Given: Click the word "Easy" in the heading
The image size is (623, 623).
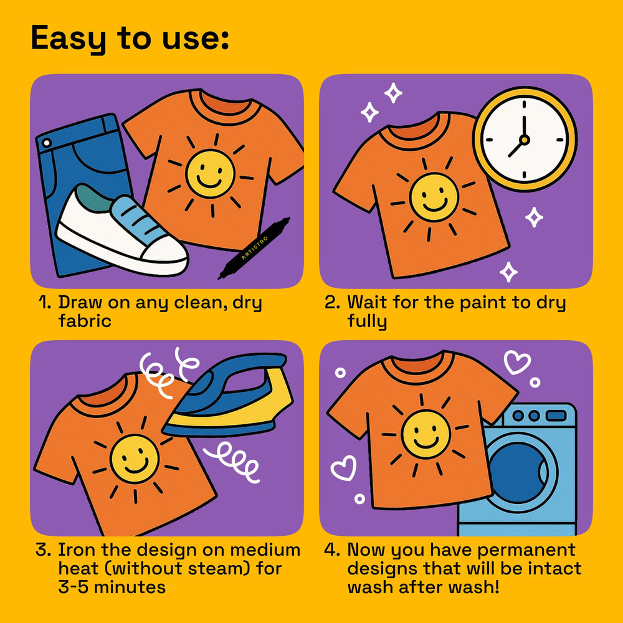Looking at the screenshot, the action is pyautogui.click(x=69, y=39).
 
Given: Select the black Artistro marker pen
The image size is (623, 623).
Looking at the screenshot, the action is pyautogui.click(x=255, y=248).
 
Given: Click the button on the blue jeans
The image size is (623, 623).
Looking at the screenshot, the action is pyautogui.click(x=47, y=143).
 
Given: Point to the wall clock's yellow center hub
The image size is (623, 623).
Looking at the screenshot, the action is pyautogui.click(x=525, y=140).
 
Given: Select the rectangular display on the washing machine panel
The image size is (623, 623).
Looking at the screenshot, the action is pyautogui.click(x=556, y=416).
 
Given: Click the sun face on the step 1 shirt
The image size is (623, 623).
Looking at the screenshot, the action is pyautogui.click(x=210, y=174).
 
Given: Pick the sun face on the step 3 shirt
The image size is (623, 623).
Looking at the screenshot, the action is pyautogui.click(x=135, y=459).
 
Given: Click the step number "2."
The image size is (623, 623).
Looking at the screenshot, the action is pyautogui.click(x=332, y=302).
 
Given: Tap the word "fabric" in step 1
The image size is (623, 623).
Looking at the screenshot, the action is pyautogui.click(x=85, y=321).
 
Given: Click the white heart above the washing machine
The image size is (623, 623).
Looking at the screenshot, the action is pyautogui.click(x=517, y=362).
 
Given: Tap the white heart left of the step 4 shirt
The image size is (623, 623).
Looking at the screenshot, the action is pyautogui.click(x=344, y=468).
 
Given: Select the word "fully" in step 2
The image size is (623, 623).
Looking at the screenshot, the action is pyautogui.click(x=367, y=321).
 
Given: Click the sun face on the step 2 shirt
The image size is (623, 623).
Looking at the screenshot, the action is pyautogui.click(x=434, y=197).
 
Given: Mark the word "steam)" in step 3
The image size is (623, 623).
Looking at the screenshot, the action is pyautogui.click(x=219, y=569).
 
